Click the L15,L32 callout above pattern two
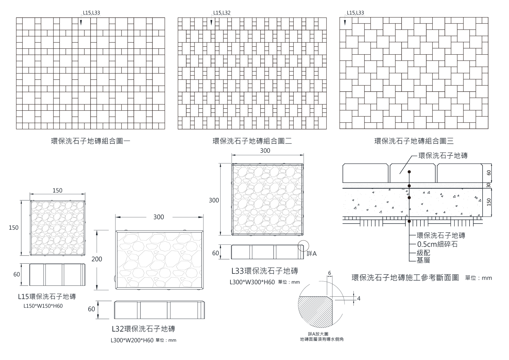[222, 13]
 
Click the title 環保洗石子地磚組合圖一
[91, 141]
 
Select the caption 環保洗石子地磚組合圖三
[414, 141]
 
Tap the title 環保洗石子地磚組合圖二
[252, 141]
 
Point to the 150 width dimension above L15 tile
[57, 190]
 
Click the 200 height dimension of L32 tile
[97, 259]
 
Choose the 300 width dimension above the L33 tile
[265, 151]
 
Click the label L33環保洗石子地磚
[265, 271]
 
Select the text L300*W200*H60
[132, 340]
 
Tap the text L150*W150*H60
[43, 306]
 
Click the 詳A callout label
[312, 254]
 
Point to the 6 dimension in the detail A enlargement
[329, 273]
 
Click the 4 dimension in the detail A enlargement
[359, 298]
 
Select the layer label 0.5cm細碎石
[437, 244]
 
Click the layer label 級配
[423, 253]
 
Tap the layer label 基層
[423, 260]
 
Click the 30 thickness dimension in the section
[489, 185]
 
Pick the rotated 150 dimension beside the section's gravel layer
[489, 202]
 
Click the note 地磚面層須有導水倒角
[322, 339]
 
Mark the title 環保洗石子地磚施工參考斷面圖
[405, 278]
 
